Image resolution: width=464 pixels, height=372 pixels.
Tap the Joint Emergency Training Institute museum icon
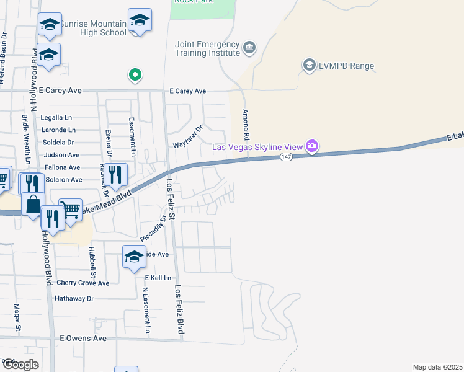[x=249, y=47]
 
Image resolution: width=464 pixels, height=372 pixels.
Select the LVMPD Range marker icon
[x=309, y=65]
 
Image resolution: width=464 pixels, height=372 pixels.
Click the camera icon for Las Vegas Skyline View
[x=312, y=146]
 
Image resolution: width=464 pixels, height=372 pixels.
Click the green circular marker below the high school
[x=135, y=76]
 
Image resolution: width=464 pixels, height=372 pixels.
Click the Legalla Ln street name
[x=56, y=117]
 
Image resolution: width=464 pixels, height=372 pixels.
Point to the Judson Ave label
[x=60, y=155]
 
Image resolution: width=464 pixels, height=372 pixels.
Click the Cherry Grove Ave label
[x=83, y=283]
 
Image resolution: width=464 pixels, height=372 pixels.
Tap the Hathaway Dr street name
[x=74, y=298]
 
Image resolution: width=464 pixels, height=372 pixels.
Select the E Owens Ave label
[x=83, y=339]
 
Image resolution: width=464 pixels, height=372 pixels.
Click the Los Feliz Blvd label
[x=179, y=310]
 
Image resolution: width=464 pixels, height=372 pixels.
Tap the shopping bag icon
[x=32, y=203]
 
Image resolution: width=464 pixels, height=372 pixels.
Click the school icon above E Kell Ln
[x=134, y=257]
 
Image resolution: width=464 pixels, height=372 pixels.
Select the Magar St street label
[x=18, y=316]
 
